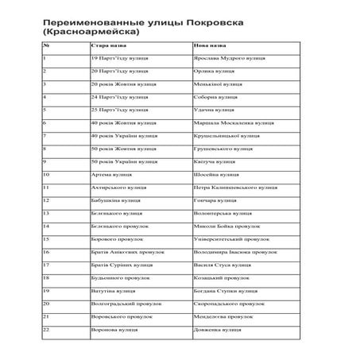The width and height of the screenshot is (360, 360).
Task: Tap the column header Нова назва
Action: point(208,45)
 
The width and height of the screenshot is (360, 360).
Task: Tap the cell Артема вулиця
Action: point(110,174)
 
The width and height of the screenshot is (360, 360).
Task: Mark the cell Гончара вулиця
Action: point(214,199)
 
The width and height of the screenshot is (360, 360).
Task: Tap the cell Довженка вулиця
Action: point(215,328)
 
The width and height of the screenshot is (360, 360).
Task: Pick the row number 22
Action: point(47,328)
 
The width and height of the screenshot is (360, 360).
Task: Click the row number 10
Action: point(47,174)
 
